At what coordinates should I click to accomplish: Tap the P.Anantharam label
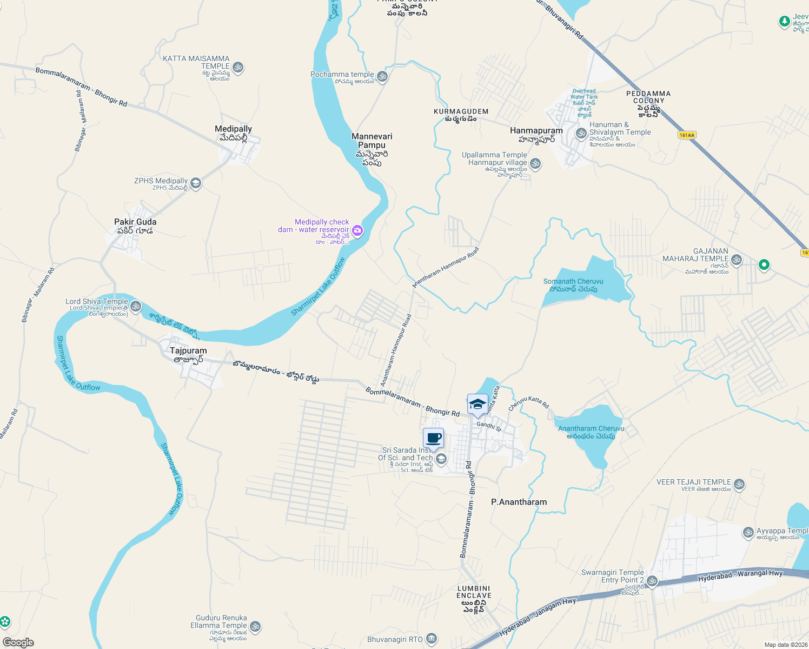coord(519,502)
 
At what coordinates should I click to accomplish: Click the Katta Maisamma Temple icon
coord(238,68)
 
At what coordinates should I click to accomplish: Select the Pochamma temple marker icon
coord(382,76)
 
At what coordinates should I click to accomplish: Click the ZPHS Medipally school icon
coord(196,183)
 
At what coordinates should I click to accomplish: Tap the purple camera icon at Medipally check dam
coord(357,231)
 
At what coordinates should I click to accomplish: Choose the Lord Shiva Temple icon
coord(136,306)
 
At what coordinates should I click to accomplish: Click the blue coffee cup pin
coord(434,438)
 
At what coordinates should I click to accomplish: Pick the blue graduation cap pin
coord(478,404)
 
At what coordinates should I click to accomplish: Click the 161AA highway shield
coord(686,135)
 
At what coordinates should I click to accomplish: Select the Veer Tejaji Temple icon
coord(739,485)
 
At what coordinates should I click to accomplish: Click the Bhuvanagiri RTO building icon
coord(431,639)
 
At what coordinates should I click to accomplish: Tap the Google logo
coord(18,643)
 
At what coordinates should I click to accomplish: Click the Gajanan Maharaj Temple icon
coord(736,260)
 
